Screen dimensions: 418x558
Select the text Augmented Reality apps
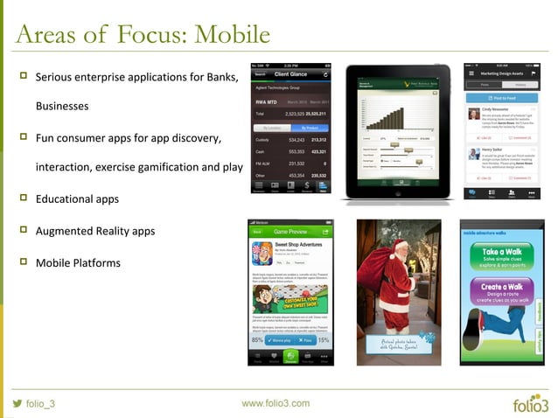click(x=94, y=231)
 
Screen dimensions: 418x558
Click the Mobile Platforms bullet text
click(x=78, y=262)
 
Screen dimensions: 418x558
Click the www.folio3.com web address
click(x=276, y=403)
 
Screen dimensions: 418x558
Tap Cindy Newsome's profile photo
click(x=472, y=115)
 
